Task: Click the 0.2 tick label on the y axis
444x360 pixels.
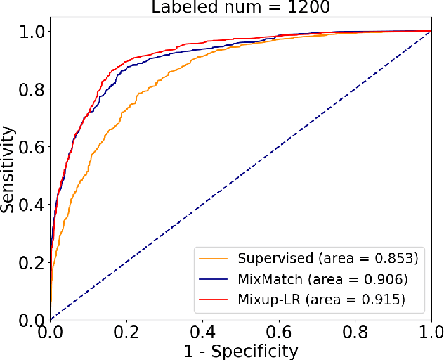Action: click(x=31, y=262)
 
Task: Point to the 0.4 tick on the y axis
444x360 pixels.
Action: click(x=31, y=205)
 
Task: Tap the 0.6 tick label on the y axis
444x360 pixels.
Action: click(x=31, y=147)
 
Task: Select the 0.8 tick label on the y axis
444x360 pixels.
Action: click(x=31, y=89)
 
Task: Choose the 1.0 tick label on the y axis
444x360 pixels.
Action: click(x=31, y=32)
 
